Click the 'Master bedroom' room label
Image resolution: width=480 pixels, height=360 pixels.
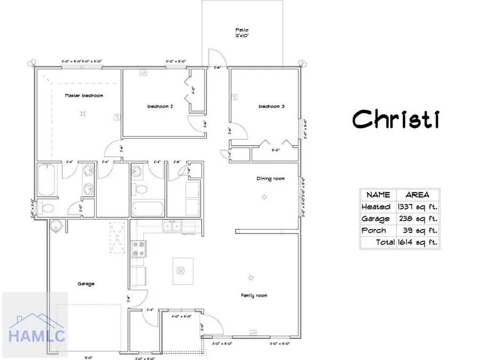pos(84,96)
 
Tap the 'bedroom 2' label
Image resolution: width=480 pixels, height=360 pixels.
pos(160,106)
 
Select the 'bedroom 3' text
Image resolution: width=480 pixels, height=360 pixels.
pos(271,106)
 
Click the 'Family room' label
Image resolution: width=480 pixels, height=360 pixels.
pos(254,295)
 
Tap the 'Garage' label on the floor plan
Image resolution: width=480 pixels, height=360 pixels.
pos(85,284)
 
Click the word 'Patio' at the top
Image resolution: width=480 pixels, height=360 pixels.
pos(243,30)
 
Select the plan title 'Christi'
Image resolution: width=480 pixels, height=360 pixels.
pos(396,119)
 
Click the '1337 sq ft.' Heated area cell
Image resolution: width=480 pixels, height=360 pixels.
pos(418,206)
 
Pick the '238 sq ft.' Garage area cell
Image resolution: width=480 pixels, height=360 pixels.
pos(418,219)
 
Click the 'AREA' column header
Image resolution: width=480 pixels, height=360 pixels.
pos(418,195)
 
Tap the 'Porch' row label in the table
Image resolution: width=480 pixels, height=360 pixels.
pos(374,230)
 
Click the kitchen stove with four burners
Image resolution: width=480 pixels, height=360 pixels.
pos(139,249)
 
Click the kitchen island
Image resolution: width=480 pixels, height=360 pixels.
pos(181,270)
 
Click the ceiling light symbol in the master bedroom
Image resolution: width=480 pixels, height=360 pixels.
pos(83,113)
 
